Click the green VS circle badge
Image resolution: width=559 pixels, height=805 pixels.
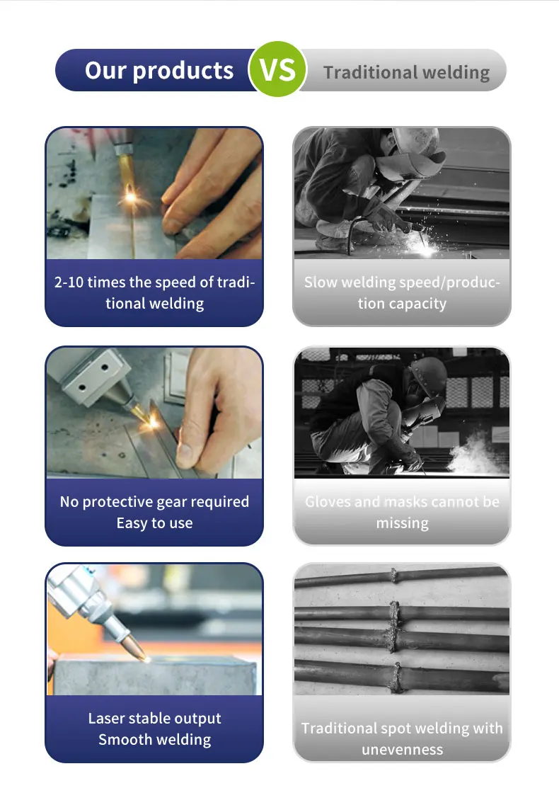click(x=278, y=69)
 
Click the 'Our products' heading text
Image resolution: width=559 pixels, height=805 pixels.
click(x=159, y=70)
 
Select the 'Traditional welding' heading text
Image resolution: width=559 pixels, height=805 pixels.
click(x=406, y=72)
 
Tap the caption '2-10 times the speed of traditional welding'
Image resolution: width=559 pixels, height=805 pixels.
click(x=154, y=292)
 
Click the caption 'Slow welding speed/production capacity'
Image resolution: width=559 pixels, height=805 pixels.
click(x=401, y=292)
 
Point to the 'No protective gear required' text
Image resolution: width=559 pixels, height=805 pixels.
click(x=154, y=501)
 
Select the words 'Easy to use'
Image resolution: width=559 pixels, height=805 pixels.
click(x=154, y=523)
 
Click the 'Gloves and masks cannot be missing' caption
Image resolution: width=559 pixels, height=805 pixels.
click(x=401, y=512)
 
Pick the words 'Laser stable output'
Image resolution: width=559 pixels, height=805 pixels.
click(x=154, y=718)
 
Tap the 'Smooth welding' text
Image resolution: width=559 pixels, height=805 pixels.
click(x=154, y=740)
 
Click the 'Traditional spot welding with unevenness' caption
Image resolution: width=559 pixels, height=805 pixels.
click(x=401, y=738)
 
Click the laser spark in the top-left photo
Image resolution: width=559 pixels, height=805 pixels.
click(x=130, y=198)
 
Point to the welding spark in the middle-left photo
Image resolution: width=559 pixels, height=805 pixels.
click(x=152, y=423)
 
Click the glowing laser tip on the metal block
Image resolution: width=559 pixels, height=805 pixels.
click(x=147, y=658)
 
